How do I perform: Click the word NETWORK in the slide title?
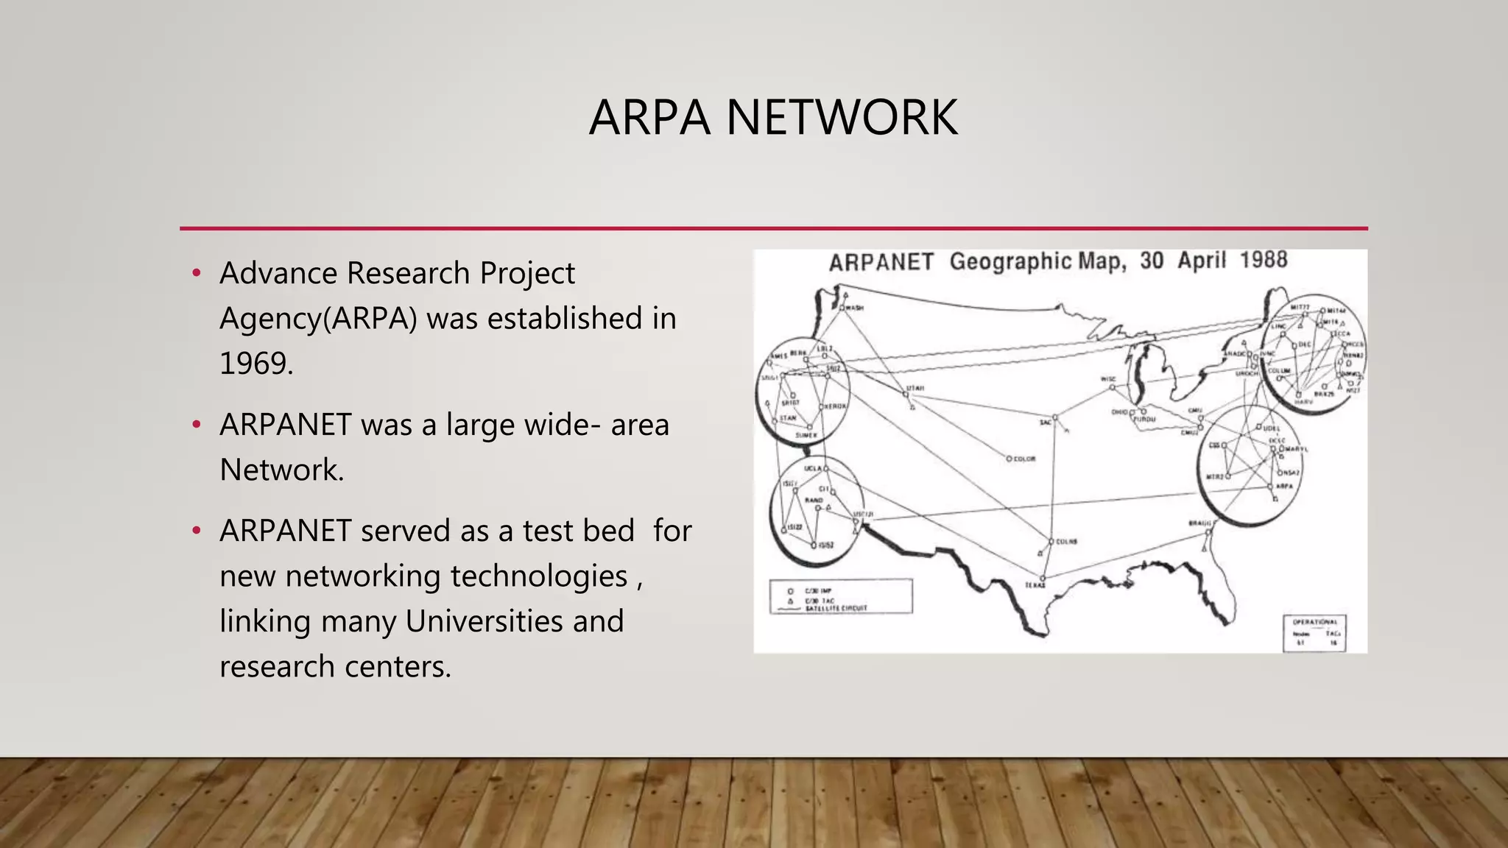point(842,118)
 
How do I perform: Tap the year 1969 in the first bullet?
point(256,364)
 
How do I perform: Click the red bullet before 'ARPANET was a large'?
point(196,425)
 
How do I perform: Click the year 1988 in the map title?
point(1264,260)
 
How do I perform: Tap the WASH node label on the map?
point(854,308)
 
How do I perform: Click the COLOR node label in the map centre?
point(1024,459)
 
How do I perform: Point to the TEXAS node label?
point(1035,585)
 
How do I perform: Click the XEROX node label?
point(835,406)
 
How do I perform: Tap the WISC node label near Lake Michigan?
point(1107,379)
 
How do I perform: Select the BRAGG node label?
point(1199,523)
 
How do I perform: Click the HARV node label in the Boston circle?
point(1303,402)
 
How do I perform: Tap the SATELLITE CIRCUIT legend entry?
point(836,609)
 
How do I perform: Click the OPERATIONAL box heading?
point(1314,622)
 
